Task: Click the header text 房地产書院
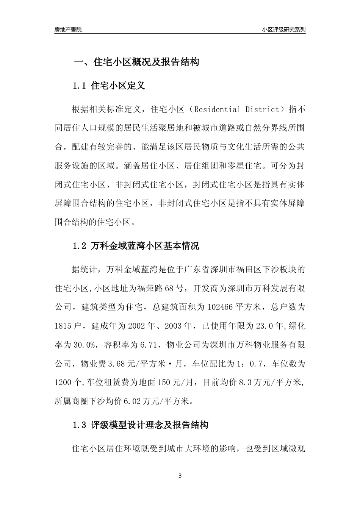68,30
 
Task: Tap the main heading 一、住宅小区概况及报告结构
136,62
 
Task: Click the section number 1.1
80,86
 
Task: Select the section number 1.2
80,246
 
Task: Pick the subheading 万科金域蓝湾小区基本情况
145,246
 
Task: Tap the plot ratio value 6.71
149,345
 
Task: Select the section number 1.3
80,425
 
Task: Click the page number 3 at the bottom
180,476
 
